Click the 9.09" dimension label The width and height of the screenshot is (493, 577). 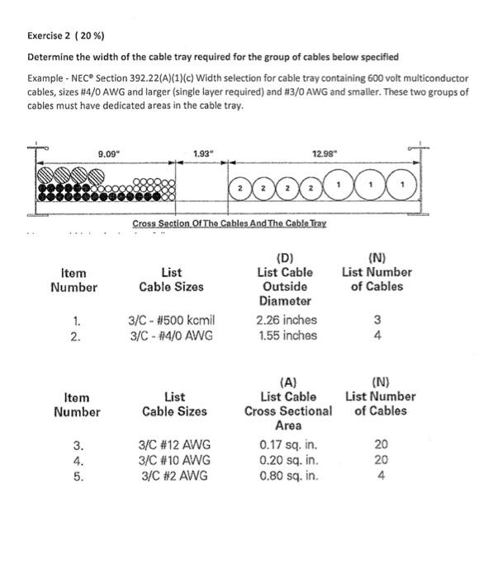108,153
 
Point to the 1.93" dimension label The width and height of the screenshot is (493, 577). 203,153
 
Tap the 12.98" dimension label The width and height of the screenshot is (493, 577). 325,153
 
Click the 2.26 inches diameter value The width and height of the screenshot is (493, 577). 287,320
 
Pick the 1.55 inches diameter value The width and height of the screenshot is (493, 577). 287,335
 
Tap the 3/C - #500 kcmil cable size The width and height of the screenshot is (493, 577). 172,320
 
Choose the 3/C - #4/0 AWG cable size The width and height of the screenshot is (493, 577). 171,335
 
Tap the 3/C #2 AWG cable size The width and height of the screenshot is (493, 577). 172,476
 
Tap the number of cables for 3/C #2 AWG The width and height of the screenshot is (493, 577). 381,476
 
